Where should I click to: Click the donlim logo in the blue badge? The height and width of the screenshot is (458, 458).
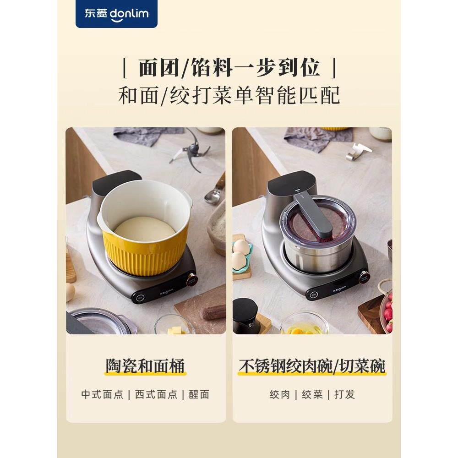pos(116,14)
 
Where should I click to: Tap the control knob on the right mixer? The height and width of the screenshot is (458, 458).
pos(364,276)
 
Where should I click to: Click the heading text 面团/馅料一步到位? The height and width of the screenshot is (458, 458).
pos(229,67)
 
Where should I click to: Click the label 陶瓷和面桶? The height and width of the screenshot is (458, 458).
pos(145,366)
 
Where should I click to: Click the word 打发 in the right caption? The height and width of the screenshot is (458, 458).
pos(344,394)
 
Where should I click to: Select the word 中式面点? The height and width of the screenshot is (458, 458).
pos(102,394)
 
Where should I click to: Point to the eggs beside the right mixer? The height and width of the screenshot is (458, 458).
pos(241,254)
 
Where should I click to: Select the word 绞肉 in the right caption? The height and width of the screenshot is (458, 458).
pos(280,394)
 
